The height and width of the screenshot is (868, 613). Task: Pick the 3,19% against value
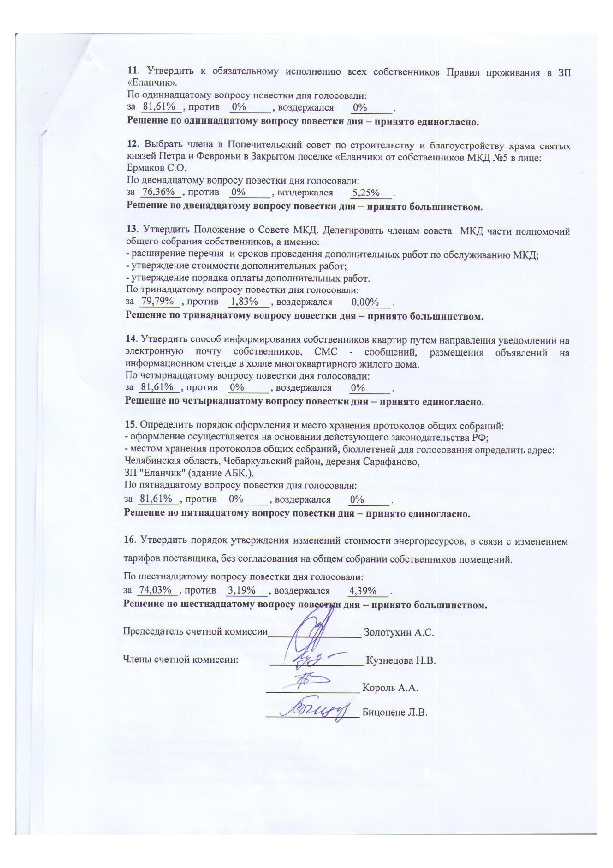[x=241, y=590]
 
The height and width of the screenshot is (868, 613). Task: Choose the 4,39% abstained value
[x=363, y=590]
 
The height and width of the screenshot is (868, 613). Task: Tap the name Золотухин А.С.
[x=398, y=632]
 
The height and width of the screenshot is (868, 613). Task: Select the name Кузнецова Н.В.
[x=401, y=660]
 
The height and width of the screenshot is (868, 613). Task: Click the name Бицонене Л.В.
[x=394, y=713]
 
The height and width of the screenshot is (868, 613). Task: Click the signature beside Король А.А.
[x=309, y=682]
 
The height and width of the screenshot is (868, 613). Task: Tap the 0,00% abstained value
[x=365, y=302]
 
